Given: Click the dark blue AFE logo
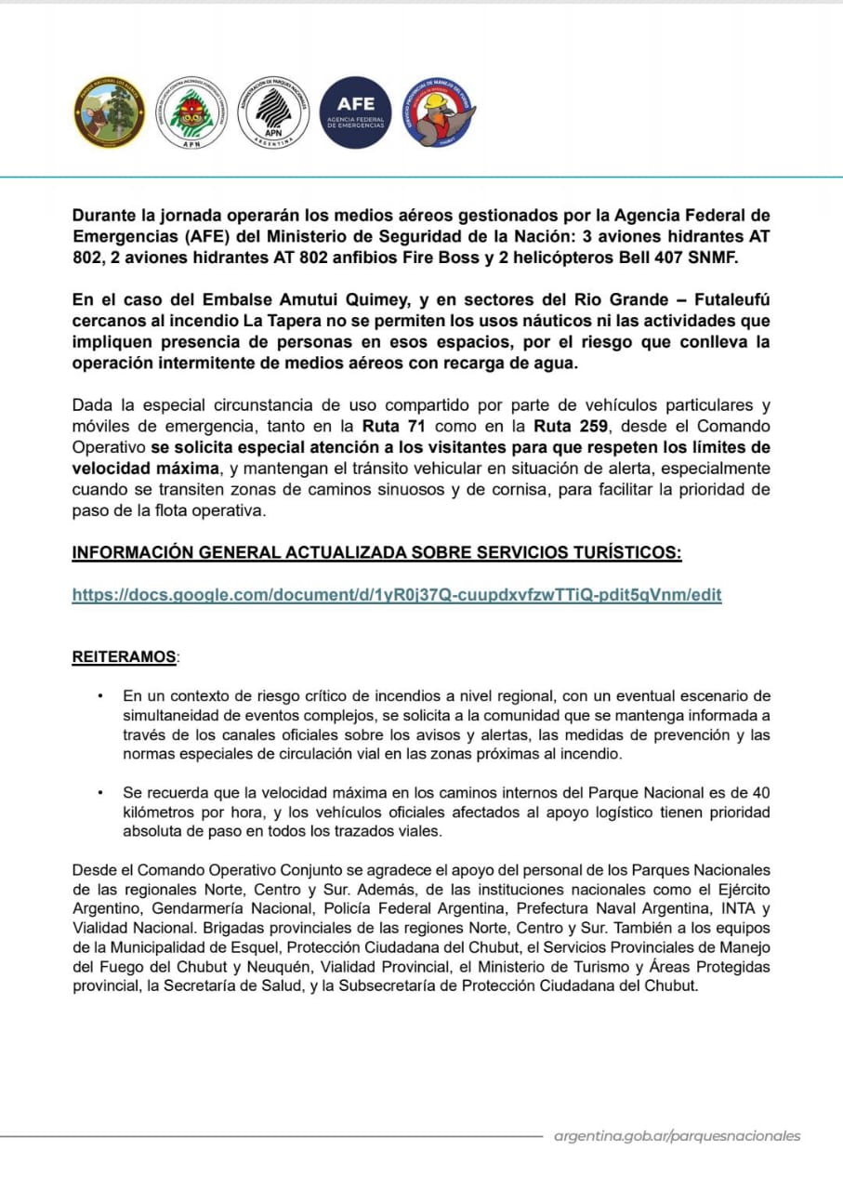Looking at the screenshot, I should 356,112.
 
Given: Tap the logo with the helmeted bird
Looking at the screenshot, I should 439,112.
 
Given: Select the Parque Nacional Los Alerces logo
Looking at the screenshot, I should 109,112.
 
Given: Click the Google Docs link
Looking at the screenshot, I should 397,594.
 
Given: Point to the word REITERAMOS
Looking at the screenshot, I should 124,657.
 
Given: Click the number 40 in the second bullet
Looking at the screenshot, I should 761,793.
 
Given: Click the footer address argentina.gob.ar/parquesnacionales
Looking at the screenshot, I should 677,1136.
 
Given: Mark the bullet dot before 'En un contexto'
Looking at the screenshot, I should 99,695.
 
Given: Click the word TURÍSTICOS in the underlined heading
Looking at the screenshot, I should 613,553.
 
